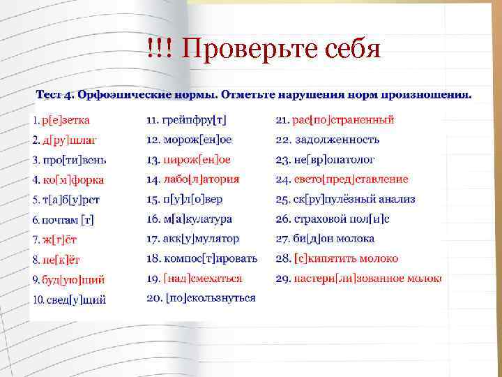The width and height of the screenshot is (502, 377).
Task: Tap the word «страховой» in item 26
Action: pyautogui.click(x=325, y=219)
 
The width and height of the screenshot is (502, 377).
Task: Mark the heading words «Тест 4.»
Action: pyautogui.click(x=56, y=94)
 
